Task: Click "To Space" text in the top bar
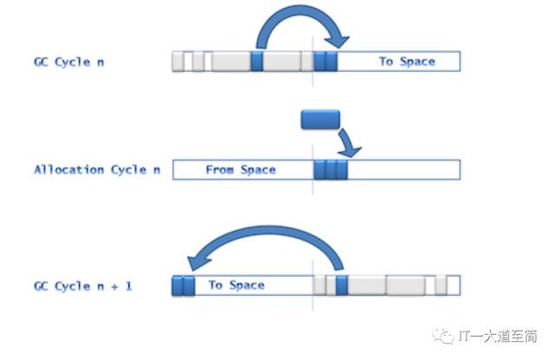pos(407,62)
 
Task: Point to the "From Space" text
pos(240,169)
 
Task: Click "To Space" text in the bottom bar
pos(236,285)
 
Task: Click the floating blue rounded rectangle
pos(320,119)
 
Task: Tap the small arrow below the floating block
pos(349,142)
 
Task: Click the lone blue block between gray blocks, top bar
pos(257,61)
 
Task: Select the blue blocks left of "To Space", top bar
pos(325,61)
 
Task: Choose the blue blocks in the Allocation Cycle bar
pos(330,169)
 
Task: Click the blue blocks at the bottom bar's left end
pos(183,285)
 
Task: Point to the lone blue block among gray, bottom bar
pos(342,285)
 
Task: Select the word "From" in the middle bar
pos(220,169)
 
